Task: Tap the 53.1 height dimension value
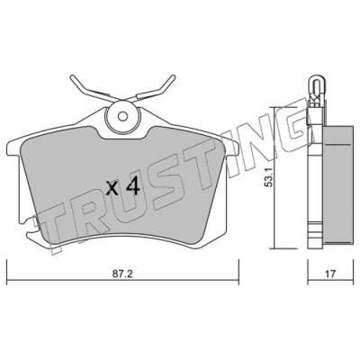(x=269, y=178)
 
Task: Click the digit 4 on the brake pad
(x=132, y=185)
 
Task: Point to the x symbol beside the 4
(x=113, y=189)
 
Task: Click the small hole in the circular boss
(x=122, y=115)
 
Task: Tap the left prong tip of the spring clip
(x=72, y=77)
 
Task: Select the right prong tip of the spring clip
(x=172, y=77)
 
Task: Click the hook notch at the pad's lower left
(x=30, y=228)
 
